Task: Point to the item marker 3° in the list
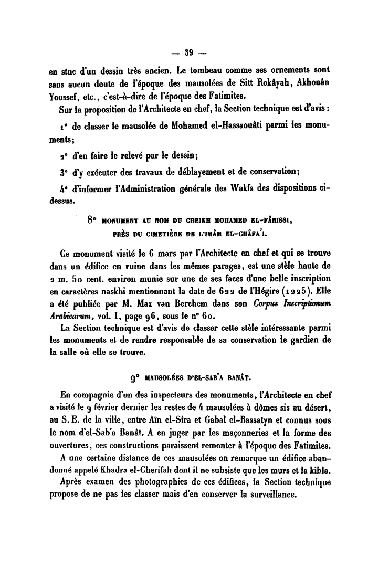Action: (65, 169)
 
